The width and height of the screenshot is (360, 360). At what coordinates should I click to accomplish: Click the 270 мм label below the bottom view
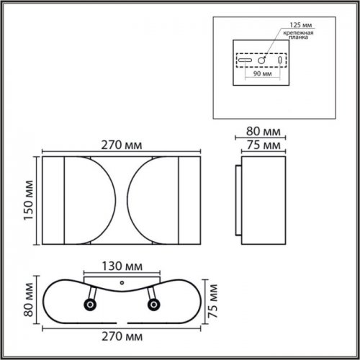click(x=120, y=336)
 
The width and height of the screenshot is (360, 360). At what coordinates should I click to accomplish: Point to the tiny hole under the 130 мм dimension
click(x=122, y=281)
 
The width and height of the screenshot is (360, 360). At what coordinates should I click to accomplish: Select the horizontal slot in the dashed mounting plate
click(x=245, y=60)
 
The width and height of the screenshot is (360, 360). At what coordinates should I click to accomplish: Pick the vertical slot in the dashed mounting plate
click(x=281, y=60)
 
